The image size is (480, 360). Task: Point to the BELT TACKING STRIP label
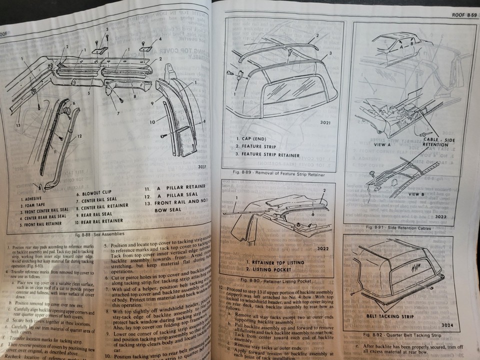(x=376, y=317)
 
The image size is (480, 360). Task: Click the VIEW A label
(x=380, y=142)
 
